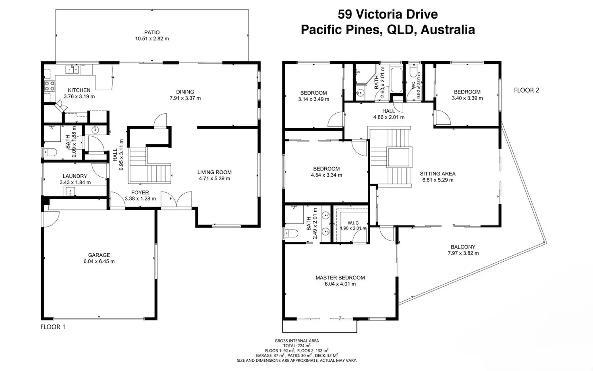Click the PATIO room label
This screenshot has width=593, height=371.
click(152, 32)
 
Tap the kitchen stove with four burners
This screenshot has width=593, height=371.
click(50, 86)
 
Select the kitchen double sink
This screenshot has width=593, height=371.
click(72, 69)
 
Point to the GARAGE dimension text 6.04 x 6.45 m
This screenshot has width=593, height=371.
click(99, 261)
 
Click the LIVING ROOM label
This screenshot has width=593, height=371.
click(214, 172)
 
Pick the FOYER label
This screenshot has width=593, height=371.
click(140, 192)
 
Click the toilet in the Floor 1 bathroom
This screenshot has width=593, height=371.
click(50, 153)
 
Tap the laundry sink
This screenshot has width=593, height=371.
click(70, 191)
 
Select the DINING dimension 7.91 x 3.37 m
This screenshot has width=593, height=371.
click(185, 98)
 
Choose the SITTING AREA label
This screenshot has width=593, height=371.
click(437, 173)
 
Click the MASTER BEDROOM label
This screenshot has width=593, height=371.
click(340, 278)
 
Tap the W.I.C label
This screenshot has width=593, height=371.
click(353, 223)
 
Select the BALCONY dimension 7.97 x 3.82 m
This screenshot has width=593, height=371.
click(463, 253)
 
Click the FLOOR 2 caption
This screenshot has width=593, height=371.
click(527, 90)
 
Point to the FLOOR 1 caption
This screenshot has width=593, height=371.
click(53, 327)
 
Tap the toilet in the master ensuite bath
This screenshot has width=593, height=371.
click(292, 233)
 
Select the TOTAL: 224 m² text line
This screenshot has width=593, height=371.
click(297, 346)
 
